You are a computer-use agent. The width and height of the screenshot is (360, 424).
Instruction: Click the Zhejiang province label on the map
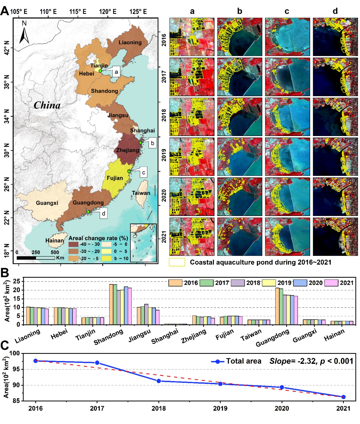click(128, 150)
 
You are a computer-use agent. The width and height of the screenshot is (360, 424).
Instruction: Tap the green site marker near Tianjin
click(100, 71)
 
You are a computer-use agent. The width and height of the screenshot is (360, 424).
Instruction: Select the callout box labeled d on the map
click(103, 213)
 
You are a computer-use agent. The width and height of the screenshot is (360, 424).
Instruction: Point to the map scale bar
click(36, 258)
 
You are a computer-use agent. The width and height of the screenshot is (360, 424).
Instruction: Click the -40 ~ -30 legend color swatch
click(73, 244)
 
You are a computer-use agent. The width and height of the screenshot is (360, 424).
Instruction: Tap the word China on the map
click(47, 105)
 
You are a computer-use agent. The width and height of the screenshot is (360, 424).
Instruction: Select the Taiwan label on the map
click(141, 193)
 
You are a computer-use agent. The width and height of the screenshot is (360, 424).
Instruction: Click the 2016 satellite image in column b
click(240, 37)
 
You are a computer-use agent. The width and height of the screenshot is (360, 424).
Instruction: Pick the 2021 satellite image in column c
click(287, 237)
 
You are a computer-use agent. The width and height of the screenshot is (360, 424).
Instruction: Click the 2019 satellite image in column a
click(192, 157)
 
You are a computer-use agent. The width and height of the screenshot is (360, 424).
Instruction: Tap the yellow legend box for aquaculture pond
click(177, 262)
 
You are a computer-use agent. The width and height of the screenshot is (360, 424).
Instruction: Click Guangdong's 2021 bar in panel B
click(296, 310)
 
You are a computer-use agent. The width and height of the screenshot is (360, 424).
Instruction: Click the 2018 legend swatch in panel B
click(238, 283)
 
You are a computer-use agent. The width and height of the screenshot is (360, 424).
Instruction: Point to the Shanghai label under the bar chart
click(165, 336)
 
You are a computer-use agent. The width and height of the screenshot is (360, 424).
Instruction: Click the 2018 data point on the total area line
click(159, 381)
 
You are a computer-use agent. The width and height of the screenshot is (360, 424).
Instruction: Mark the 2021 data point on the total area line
click(343, 397)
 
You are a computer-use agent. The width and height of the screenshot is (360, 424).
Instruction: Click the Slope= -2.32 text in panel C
click(293, 361)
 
